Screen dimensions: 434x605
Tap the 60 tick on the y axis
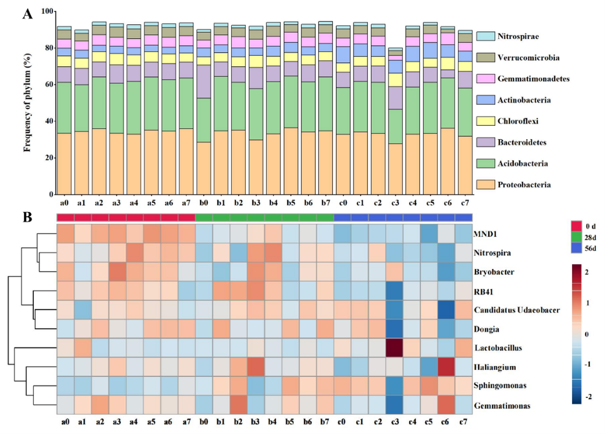(48, 84)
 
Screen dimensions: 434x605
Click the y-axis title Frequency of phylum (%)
(26, 103)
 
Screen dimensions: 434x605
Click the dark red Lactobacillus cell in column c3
(395, 347)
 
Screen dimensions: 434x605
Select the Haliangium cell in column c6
(446, 367)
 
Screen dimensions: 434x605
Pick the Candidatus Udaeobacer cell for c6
(446, 310)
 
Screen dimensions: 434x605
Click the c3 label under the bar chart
(395, 203)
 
